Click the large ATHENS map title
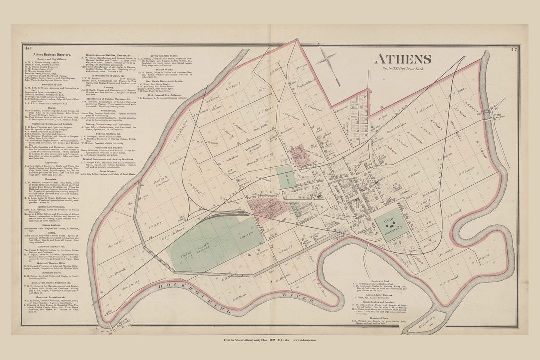(403, 59)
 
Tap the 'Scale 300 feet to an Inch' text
(403, 68)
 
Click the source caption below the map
(270, 340)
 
